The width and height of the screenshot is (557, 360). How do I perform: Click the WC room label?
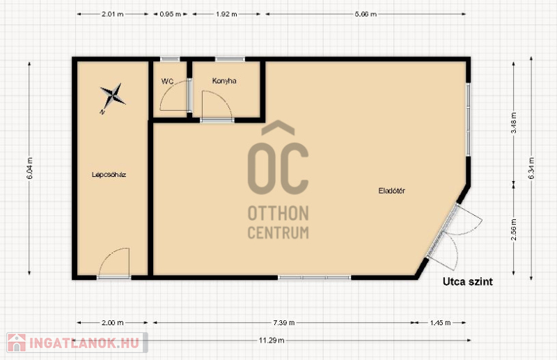tap(167, 81)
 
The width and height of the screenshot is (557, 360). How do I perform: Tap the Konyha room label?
tap(224, 81)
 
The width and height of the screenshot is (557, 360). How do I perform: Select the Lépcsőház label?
tap(109, 175)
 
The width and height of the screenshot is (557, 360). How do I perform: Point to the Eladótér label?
tap(391, 191)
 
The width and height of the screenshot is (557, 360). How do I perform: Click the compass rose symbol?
tap(112, 97)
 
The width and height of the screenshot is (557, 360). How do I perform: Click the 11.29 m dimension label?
tap(272, 341)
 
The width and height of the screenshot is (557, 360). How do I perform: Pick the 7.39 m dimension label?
tap(284, 322)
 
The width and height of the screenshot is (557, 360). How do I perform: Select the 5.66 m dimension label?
tap(366, 14)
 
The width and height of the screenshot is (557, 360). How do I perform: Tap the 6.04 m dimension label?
tap(30, 168)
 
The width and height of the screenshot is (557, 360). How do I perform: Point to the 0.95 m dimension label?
tap(170, 14)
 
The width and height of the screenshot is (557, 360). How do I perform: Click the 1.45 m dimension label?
tap(440, 322)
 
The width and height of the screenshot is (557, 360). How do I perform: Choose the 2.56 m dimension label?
tap(514, 229)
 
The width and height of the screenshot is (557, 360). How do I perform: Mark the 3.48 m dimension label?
tap(514, 123)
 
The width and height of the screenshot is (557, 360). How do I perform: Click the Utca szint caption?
tap(467, 282)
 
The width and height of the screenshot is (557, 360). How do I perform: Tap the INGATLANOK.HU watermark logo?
tap(77, 343)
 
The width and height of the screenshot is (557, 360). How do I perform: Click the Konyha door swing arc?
tap(224, 100)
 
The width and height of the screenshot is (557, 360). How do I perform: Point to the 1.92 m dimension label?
tap(226, 14)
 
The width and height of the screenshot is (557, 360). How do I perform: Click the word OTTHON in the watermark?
tap(278, 214)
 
